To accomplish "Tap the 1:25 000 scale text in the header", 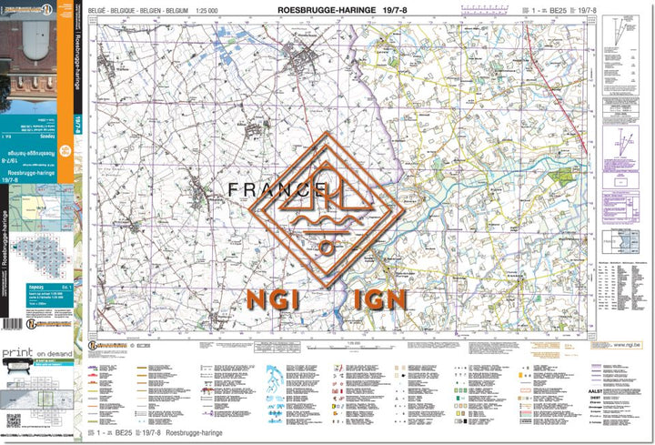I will coord(219,11).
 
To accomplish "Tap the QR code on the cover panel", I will coord(13,420).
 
